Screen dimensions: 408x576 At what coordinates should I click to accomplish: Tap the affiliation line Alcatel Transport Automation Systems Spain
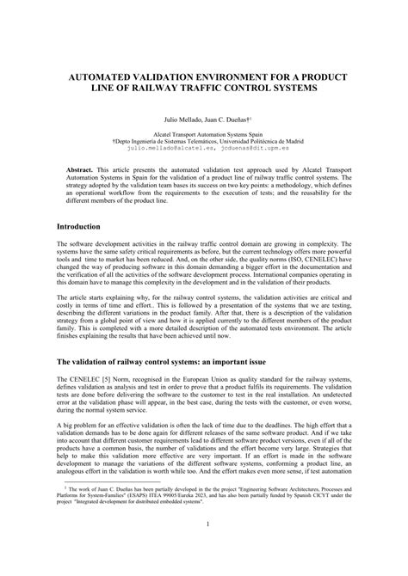point(204,135)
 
